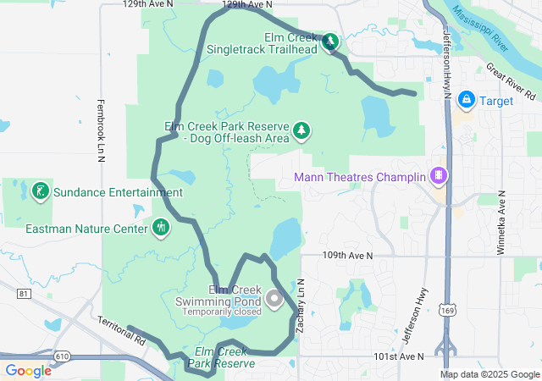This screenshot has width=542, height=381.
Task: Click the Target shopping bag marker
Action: tap(466, 100)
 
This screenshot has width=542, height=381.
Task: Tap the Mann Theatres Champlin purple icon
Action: tap(439, 176)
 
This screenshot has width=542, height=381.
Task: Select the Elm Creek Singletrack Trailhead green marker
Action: tap(329, 41)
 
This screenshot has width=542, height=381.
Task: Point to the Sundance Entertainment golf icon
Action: tap(40, 191)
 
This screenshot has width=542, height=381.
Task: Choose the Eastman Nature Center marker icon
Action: tap(161, 227)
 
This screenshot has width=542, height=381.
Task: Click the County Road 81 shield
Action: tap(22, 293)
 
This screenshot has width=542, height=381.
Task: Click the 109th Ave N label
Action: tap(347, 255)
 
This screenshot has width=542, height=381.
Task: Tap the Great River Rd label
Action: tap(513, 77)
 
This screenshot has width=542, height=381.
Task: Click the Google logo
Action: tap(28, 371)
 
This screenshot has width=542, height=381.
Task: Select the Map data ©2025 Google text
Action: tap(489, 374)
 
